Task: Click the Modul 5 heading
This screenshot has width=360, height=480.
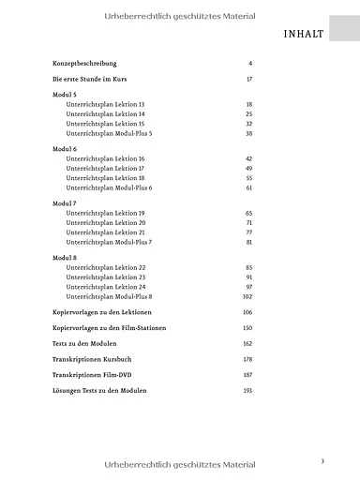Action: pos(66,96)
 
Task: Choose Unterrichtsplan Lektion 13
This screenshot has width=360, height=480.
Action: pos(106,105)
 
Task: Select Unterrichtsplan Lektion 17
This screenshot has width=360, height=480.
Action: pos(106,169)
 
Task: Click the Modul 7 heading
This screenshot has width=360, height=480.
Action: pos(66,203)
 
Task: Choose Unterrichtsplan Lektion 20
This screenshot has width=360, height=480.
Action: pos(106,223)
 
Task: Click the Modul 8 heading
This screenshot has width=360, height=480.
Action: pos(66,258)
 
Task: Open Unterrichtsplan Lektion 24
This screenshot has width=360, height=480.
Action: pos(106,287)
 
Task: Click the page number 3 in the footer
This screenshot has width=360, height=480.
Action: pos(322,434)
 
